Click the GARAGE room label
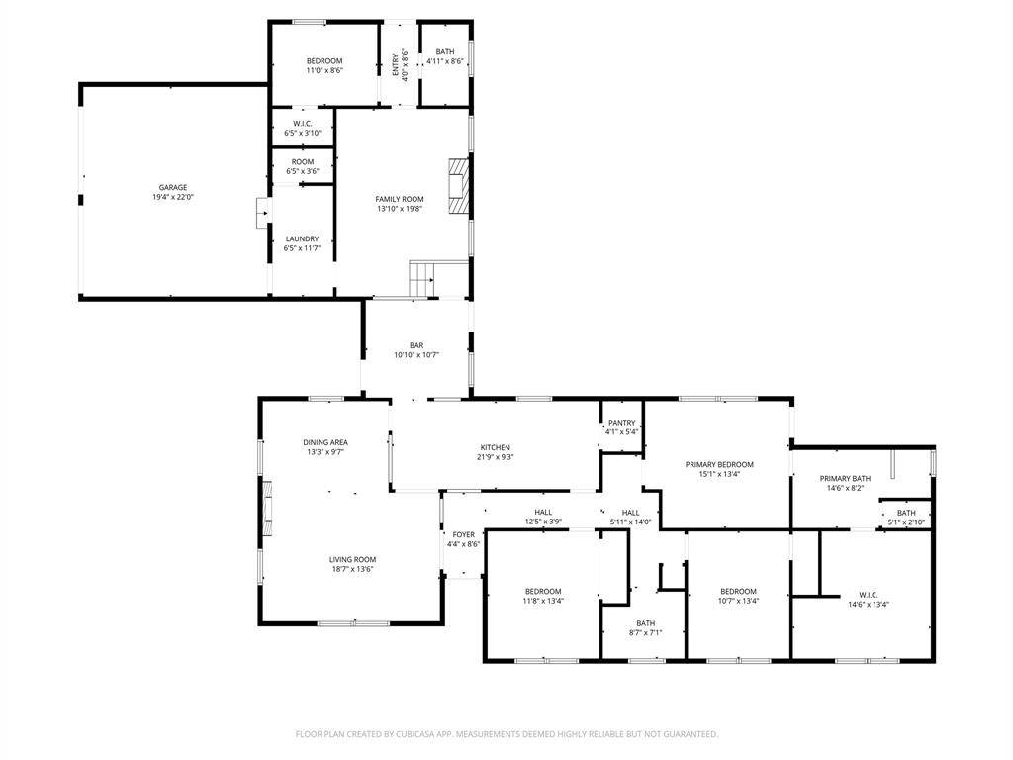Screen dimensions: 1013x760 [173, 187]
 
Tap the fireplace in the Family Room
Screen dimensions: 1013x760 [458, 185]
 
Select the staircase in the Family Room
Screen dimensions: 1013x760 [421, 280]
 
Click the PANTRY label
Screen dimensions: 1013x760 [621, 423]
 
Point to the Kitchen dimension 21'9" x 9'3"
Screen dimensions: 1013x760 [496, 457]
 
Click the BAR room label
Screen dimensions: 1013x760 [416, 345]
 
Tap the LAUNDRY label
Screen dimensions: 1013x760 [303, 238]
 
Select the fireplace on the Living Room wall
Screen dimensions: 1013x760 [266, 508]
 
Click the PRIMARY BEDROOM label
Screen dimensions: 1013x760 [719, 465]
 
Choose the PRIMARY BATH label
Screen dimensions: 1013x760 [845, 479]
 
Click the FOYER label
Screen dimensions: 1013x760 [463, 535]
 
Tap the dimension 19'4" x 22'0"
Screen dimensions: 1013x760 [173, 197]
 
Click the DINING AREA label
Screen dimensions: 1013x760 [325, 442]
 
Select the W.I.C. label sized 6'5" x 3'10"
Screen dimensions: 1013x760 [303, 124]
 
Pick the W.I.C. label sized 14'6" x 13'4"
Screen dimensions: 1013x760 [869, 595]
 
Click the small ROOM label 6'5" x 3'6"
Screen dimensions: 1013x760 [303, 162]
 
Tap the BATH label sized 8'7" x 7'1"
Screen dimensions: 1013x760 [645, 623]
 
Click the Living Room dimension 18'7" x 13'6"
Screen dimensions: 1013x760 [353, 569]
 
